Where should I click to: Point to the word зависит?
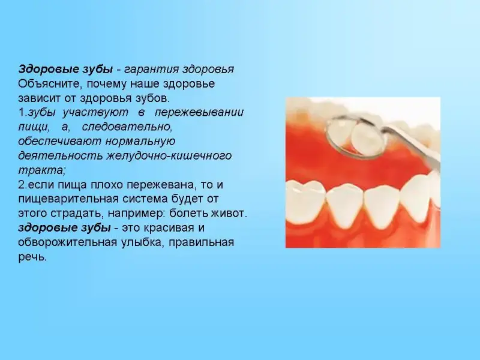pos(39,98)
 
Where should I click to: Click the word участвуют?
pos(95,113)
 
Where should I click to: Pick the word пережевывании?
pos(199,113)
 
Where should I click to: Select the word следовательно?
pos(127,127)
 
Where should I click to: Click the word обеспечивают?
pos(59,141)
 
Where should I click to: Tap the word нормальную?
pos(140,142)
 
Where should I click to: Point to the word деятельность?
pos(61,155)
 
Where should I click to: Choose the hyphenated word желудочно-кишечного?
pos(169,156)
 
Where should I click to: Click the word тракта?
pos(42,170)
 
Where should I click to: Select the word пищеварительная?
pos(68,199)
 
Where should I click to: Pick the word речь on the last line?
pos(32,257)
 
